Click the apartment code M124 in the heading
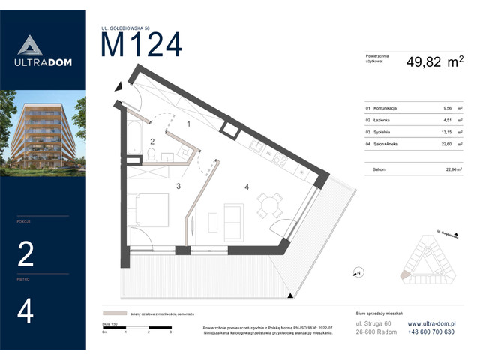point(141,46)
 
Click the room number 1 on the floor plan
point(189,124)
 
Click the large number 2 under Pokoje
point(25,255)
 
